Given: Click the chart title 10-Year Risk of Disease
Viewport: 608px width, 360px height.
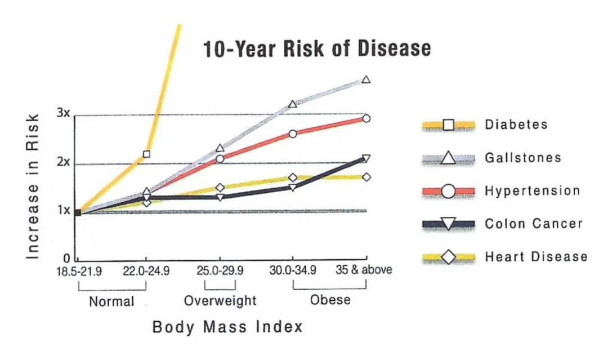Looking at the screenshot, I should tap(316, 48).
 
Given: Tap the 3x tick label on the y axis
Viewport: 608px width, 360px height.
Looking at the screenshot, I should tap(63, 114).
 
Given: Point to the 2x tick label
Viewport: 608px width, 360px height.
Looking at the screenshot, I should tap(63, 163).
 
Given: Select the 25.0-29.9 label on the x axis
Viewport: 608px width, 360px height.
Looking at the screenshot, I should tap(220, 270).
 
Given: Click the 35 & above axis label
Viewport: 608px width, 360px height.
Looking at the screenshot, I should tap(364, 269).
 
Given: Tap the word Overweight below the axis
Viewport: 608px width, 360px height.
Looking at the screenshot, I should tap(220, 300).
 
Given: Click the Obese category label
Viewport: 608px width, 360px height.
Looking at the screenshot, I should tap(330, 299).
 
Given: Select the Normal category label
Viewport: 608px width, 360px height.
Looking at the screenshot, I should tap(111, 301).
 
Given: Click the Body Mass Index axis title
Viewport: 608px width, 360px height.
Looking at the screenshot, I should tap(227, 327).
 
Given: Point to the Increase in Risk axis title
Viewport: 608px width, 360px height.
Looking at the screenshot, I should tap(33, 186).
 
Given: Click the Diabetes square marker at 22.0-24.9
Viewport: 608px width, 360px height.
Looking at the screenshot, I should tap(146, 154).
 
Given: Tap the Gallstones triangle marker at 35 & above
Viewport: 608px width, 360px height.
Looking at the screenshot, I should tap(366, 80).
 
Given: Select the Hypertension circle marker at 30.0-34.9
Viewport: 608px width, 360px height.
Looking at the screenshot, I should tap(293, 134).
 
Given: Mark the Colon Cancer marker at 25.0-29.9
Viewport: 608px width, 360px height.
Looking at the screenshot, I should tap(220, 197).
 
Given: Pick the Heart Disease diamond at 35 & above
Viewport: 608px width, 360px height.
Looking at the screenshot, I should tap(366, 177).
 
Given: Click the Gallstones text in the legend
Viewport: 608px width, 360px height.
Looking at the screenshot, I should tap(523, 158).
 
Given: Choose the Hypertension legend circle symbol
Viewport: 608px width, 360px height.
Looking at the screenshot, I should tap(448, 191).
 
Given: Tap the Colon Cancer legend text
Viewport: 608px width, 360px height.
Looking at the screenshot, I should tap(533, 224).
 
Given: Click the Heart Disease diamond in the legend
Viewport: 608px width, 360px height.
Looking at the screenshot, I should tap(448, 257).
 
